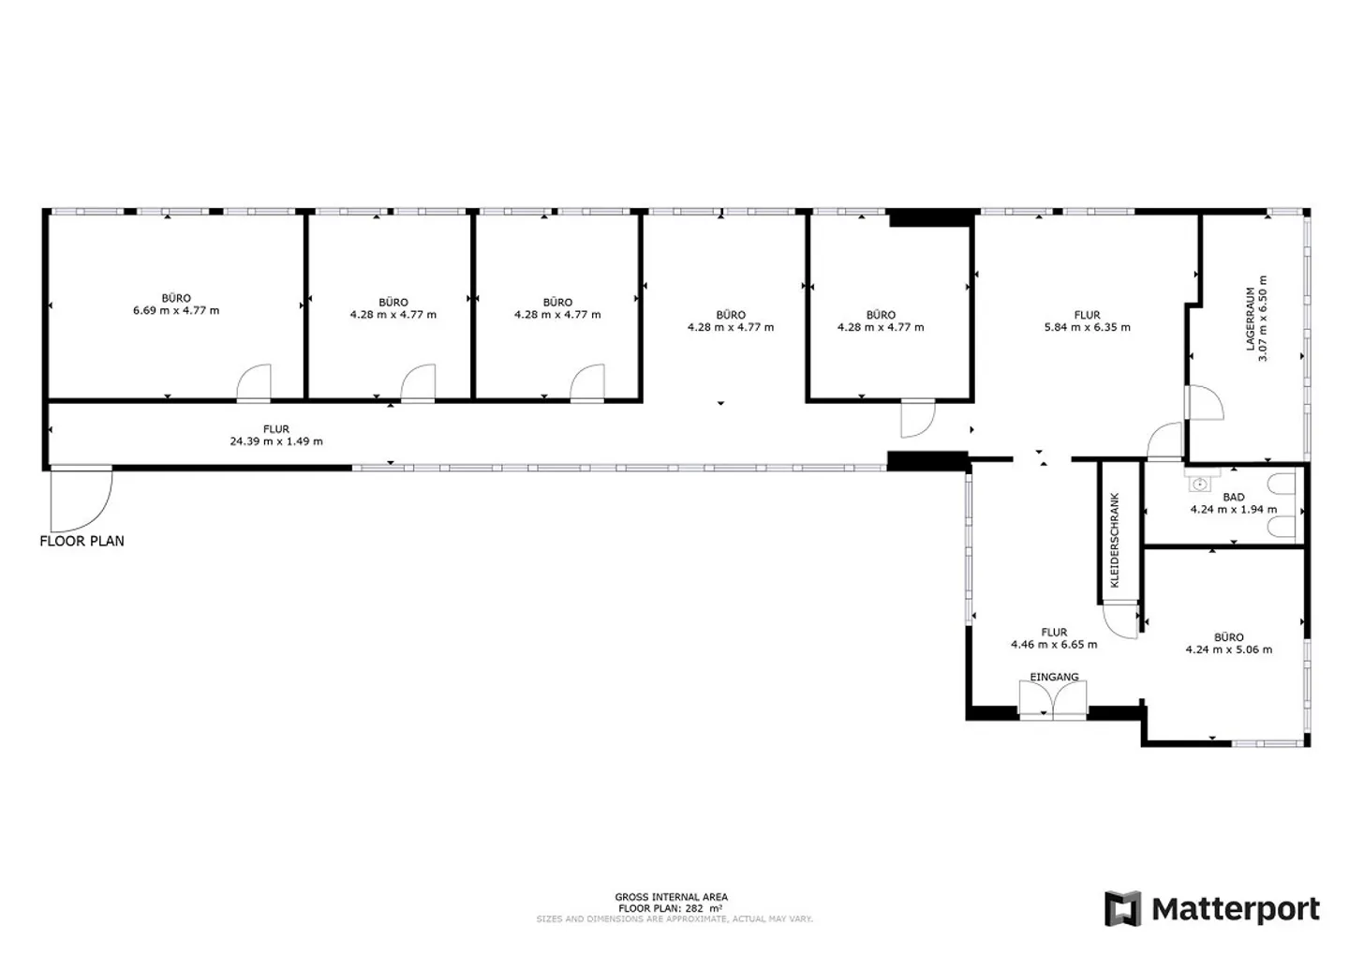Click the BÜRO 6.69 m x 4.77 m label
click(176, 305)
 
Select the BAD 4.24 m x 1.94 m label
click(1234, 503)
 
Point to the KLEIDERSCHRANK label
click(1114, 541)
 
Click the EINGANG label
click(1054, 677)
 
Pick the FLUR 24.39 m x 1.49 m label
click(276, 435)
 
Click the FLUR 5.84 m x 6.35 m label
click(1087, 321)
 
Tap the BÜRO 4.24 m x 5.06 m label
click(1228, 644)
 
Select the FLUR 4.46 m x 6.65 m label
click(1054, 638)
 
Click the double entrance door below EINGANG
click(1053, 700)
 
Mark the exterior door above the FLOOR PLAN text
click(82, 498)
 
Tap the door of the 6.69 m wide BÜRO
click(254, 383)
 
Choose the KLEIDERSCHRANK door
click(1120, 619)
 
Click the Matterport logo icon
click(1122, 908)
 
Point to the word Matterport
click(1236, 910)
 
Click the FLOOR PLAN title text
click(82, 541)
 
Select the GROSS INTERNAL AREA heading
click(671, 897)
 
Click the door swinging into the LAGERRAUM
click(1204, 402)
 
